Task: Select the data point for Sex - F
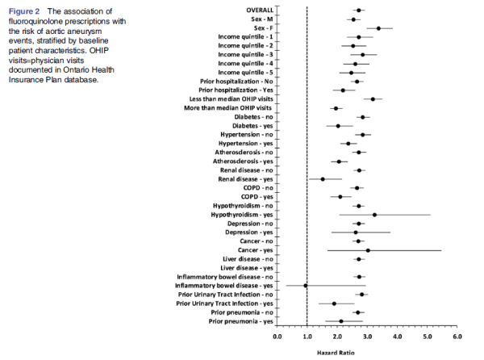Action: [x=378, y=28]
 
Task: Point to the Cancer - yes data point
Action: [x=368, y=250]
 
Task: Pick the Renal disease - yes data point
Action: [x=323, y=179]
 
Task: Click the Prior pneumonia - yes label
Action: [x=240, y=321]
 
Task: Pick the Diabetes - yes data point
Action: [x=338, y=126]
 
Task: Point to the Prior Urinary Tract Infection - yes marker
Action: [x=334, y=303]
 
